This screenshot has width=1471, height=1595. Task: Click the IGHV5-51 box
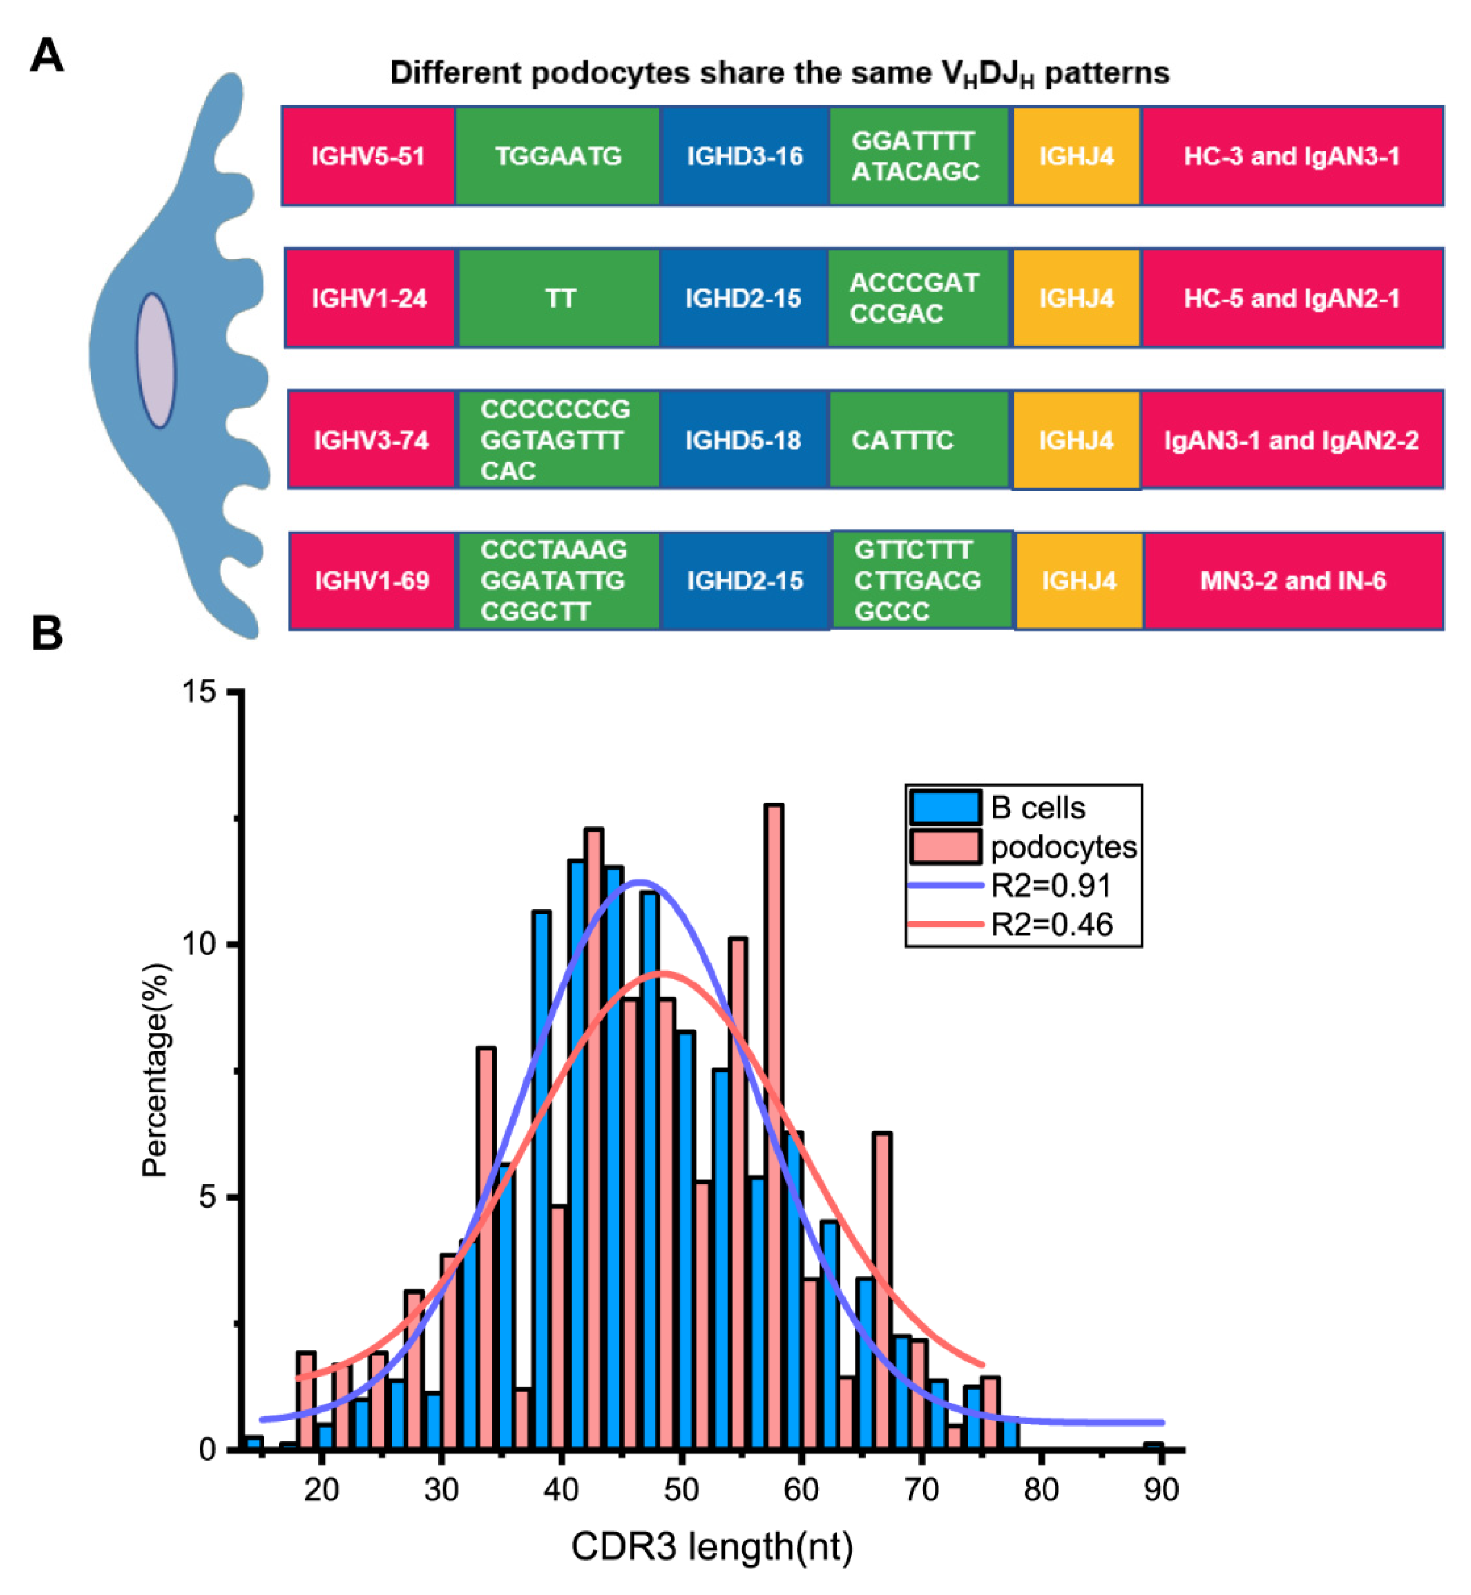tap(368, 156)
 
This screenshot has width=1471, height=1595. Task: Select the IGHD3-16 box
tap(744, 156)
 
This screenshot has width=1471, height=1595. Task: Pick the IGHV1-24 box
tap(370, 299)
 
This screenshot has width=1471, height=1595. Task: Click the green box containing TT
tap(560, 299)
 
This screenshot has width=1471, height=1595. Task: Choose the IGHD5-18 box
tap(743, 440)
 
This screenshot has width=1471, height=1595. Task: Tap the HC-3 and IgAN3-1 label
tap(1291, 156)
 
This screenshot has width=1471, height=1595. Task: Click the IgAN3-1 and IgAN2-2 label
tap(1291, 440)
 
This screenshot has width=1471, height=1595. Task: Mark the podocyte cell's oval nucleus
tap(156, 361)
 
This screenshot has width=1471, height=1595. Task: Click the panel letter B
tap(47, 634)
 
